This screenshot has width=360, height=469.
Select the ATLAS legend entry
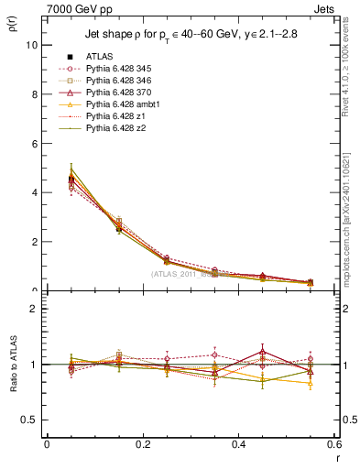coord(102,57)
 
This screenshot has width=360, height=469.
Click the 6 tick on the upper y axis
coord(35,144)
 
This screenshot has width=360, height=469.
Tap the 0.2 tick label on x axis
coord(142,443)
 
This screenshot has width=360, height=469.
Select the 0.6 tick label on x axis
coord(333,443)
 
